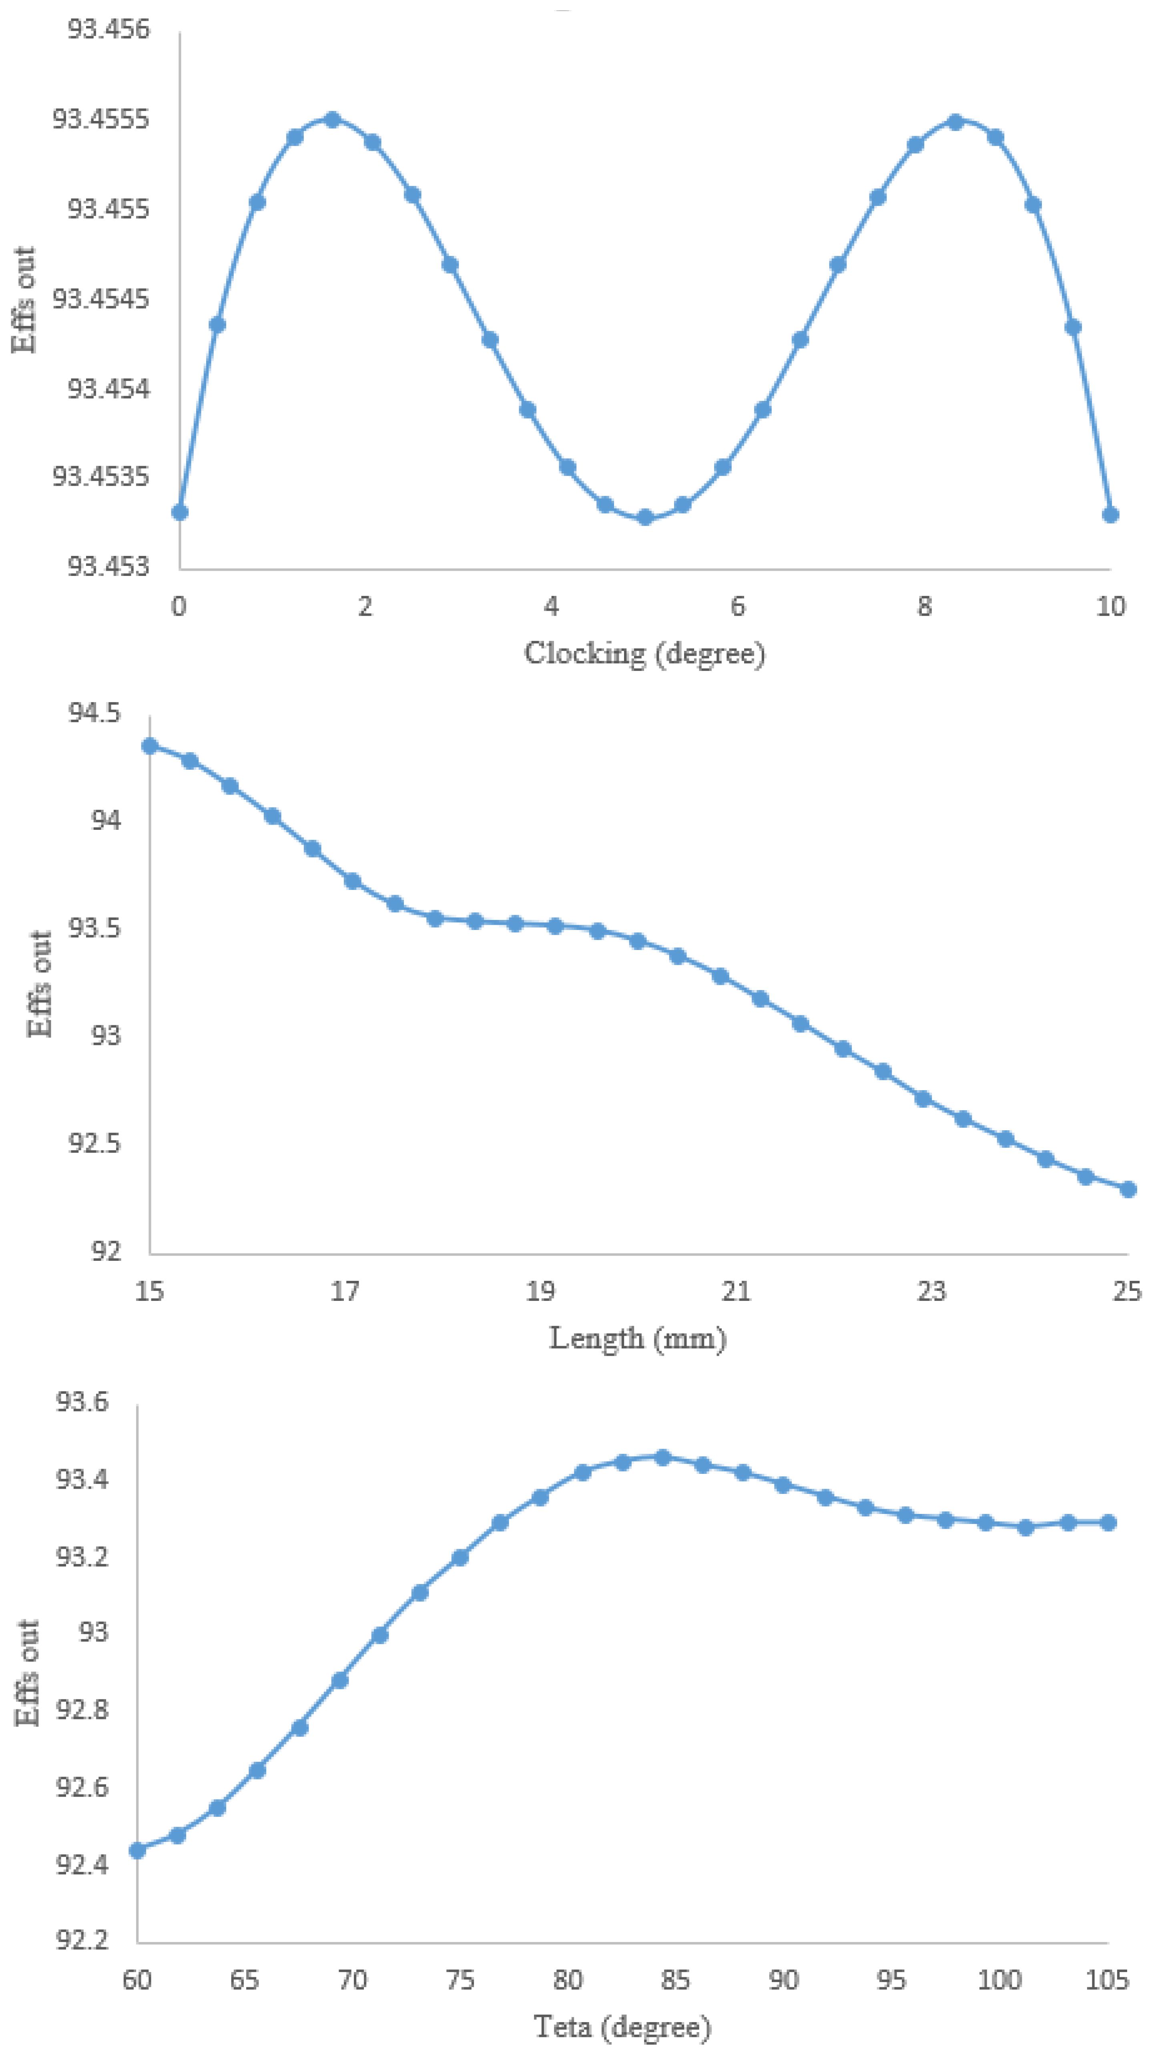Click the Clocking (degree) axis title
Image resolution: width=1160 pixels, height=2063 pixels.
[x=644, y=654]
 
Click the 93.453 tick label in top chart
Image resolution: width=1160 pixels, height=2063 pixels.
[x=108, y=566]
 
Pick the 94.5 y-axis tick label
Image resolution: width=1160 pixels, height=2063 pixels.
[x=94, y=712]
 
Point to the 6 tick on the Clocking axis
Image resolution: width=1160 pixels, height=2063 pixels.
[x=737, y=606]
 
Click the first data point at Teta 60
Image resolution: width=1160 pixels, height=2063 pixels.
[x=138, y=1850]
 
